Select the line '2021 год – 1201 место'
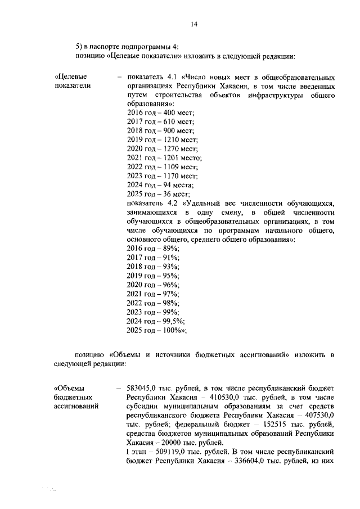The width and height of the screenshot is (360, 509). [x=165, y=159]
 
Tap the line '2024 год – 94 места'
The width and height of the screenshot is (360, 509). [x=161, y=184]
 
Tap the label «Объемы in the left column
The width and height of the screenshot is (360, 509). [x=69, y=388]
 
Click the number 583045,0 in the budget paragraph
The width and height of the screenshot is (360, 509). [x=146, y=388]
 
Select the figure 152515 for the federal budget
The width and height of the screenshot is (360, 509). [x=257, y=424]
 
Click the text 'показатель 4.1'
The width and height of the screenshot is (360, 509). [x=152, y=76]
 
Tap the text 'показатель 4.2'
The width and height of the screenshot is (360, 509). [x=152, y=202]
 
